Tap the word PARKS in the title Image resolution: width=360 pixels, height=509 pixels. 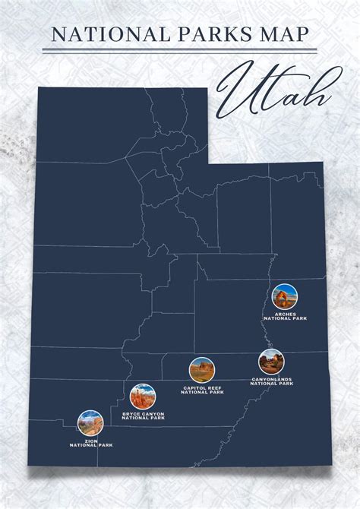(x=201, y=33)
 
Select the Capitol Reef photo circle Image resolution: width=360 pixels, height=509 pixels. (x=202, y=370)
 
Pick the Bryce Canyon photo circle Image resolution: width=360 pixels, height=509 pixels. (x=142, y=397)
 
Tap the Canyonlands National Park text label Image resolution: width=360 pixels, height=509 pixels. (x=271, y=381)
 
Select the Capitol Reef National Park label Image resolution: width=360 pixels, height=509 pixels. (x=203, y=390)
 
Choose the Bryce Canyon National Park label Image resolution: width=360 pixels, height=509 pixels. (x=143, y=416)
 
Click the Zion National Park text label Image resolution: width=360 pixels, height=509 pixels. (x=90, y=443)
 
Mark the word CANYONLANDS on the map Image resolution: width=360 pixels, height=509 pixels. (x=271, y=379)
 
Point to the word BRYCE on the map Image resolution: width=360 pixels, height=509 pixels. (x=131, y=414)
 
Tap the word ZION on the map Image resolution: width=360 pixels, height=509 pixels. (x=90, y=441)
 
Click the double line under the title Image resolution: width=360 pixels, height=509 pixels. (x=181, y=51)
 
